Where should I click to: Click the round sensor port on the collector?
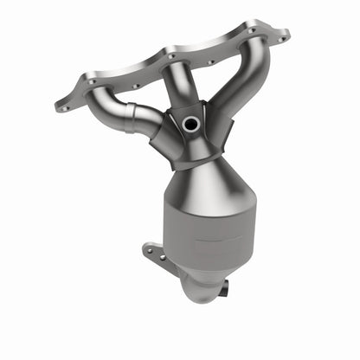[x=190, y=124]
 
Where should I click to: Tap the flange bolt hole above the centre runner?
[x=171, y=56]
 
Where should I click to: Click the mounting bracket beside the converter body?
[x=156, y=256]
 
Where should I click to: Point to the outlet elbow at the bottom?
[x=197, y=286]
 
